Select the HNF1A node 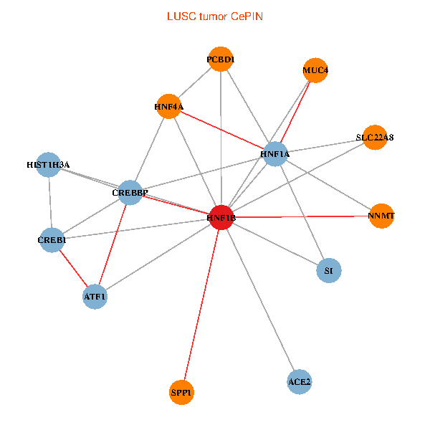[275, 154]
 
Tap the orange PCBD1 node [221, 59]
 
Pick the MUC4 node [315, 70]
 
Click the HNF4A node [168, 107]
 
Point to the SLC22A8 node [375, 137]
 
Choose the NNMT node [382, 215]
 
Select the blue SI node [328, 270]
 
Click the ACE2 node [299, 382]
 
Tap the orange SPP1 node [182, 392]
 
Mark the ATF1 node [95, 295]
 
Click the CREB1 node [52, 239]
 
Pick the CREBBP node [130, 192]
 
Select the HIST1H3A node [48, 165]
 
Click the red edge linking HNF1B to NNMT [301, 216]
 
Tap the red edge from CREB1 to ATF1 [73, 267]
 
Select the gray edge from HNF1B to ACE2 [260, 300]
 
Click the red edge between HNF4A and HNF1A [222, 131]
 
